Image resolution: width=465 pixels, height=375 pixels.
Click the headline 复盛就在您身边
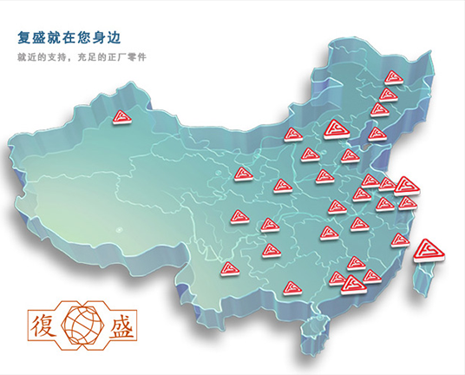pyautogui.click(x=68, y=38)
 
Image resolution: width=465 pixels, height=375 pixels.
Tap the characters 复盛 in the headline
pyautogui.click(x=33, y=38)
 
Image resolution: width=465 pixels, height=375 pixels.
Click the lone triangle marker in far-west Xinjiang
pyautogui.click(x=122, y=117)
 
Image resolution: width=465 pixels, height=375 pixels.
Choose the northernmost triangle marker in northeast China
pyautogui.click(x=393, y=77)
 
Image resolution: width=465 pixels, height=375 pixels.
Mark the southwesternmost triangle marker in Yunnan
pyautogui.click(x=230, y=269)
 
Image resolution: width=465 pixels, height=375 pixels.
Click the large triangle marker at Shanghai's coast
pyautogui.click(x=406, y=185)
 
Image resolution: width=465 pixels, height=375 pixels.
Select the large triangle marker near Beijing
pyautogui.click(x=334, y=131)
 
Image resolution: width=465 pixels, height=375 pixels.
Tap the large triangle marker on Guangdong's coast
pyautogui.click(x=352, y=283)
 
